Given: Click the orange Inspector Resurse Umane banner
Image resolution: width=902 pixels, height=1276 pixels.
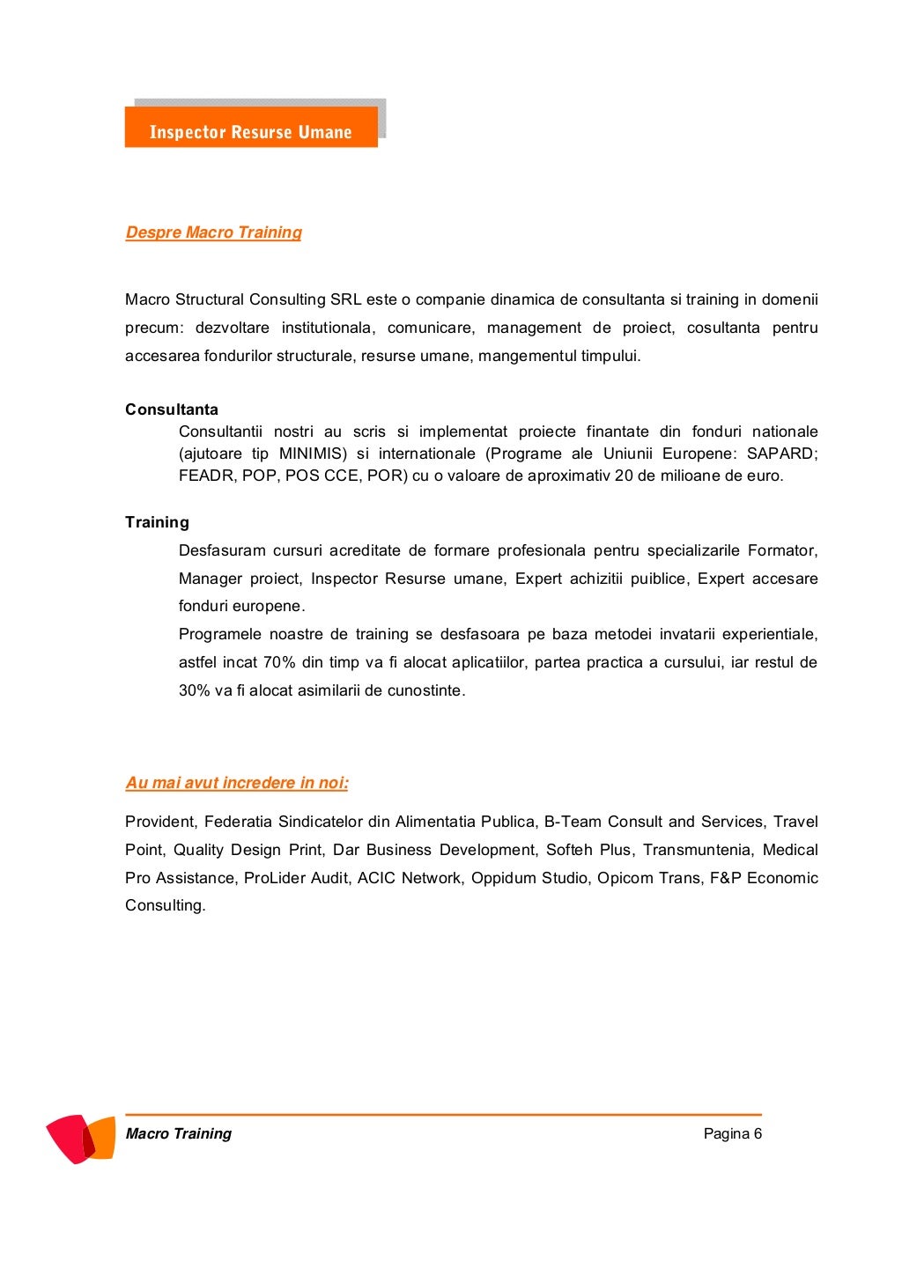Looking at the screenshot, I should (x=251, y=129).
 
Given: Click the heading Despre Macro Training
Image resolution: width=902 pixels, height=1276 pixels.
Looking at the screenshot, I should (x=213, y=232).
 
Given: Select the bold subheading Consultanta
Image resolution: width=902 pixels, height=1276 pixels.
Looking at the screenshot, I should (x=172, y=409).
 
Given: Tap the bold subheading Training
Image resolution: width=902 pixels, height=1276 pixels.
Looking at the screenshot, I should (x=157, y=522).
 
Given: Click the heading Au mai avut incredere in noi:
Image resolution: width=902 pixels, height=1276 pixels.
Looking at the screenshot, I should (x=237, y=783).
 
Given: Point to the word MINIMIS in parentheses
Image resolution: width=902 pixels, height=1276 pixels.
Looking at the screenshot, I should (x=314, y=454).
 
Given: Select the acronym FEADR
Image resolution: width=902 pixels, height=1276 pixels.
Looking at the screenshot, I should (x=204, y=476).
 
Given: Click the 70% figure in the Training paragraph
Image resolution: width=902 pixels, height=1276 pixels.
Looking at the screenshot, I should (x=279, y=662).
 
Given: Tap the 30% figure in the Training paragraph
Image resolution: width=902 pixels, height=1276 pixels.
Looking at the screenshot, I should (x=195, y=690).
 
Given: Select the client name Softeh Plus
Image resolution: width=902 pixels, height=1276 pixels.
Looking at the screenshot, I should (x=588, y=850).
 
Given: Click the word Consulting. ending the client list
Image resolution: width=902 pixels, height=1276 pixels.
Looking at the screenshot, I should (x=166, y=905).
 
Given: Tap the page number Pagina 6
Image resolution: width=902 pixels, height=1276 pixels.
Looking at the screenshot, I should (x=732, y=1133).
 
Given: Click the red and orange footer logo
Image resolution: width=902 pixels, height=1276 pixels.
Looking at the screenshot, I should (x=80, y=1138).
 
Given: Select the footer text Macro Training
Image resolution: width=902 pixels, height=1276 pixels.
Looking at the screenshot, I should (x=179, y=1133).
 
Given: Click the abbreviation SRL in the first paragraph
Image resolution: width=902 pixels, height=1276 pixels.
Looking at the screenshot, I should (x=346, y=299).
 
